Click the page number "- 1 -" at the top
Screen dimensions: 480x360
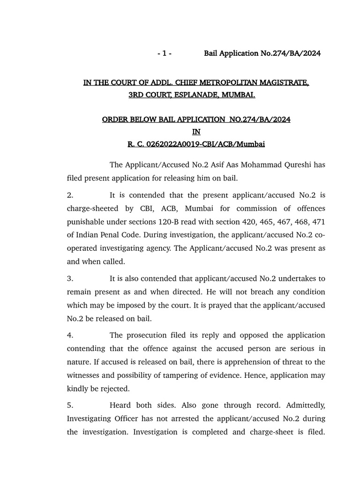(x=165, y=53)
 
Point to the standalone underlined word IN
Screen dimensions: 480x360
(x=196, y=132)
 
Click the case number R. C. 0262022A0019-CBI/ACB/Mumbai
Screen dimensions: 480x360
(x=196, y=144)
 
